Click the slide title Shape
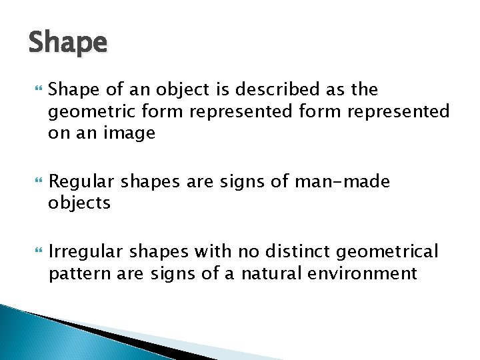tap(67, 43)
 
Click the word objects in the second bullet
tap(79, 203)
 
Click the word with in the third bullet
tap(211, 251)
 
